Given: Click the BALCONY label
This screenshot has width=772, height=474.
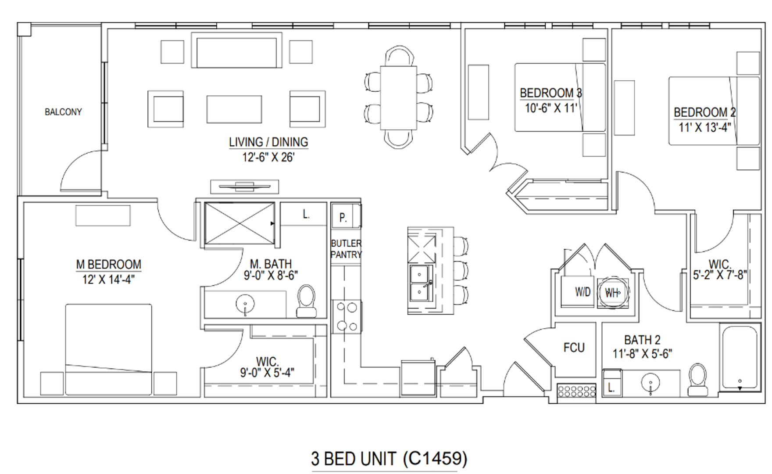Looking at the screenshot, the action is pyautogui.click(x=63, y=112).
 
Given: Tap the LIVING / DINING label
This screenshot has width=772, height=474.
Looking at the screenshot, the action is pyautogui.click(x=268, y=142).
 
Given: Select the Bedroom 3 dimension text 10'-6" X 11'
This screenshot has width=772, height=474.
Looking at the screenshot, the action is pyautogui.click(x=551, y=108).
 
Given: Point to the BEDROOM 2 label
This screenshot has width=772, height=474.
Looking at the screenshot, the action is pyautogui.click(x=704, y=112).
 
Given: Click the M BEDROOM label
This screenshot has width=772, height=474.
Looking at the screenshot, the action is pyautogui.click(x=108, y=265).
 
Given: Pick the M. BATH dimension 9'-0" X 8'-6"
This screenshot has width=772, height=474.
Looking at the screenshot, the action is pyautogui.click(x=271, y=275).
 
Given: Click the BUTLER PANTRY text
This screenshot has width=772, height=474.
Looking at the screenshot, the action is pyautogui.click(x=346, y=249).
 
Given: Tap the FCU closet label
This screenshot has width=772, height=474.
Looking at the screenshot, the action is pyautogui.click(x=574, y=348).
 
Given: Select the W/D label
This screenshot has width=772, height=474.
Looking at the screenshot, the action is pyautogui.click(x=583, y=292).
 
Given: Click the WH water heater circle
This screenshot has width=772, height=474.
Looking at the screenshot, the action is pyautogui.click(x=613, y=292).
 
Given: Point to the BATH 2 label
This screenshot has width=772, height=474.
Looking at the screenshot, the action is pyautogui.click(x=642, y=340).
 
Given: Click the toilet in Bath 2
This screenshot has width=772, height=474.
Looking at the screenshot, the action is pyautogui.click(x=697, y=380).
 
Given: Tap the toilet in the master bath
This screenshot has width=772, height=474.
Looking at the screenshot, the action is pyautogui.click(x=306, y=301).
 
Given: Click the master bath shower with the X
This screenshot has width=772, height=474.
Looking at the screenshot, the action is pyautogui.click(x=239, y=223).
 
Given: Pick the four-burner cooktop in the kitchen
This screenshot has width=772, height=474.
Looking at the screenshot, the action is pyautogui.click(x=346, y=316).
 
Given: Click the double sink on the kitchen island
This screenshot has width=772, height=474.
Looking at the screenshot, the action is pyautogui.click(x=421, y=283).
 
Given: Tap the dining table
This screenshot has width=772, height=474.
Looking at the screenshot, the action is pyautogui.click(x=398, y=97).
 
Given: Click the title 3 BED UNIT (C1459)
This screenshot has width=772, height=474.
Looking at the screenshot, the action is pyautogui.click(x=389, y=459).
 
